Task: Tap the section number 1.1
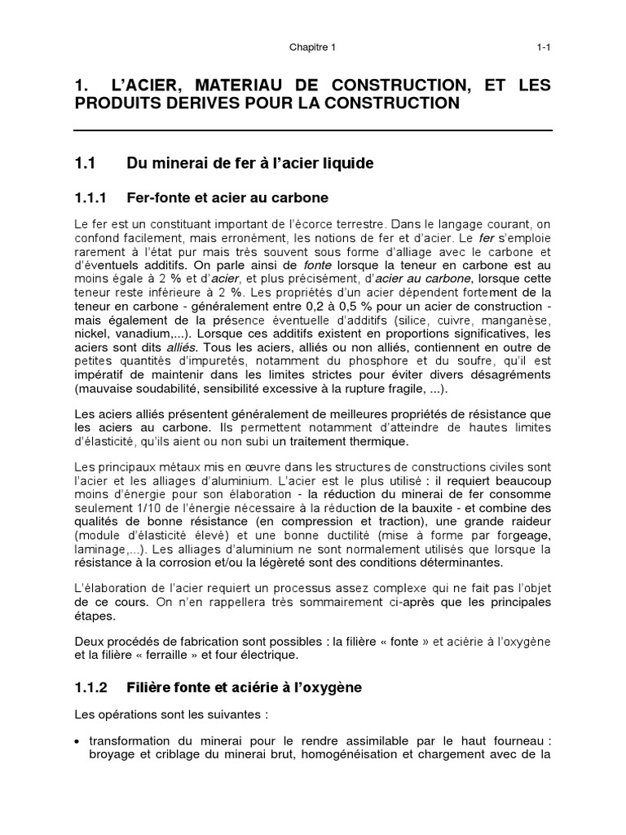(85, 164)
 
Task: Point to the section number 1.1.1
(92, 197)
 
